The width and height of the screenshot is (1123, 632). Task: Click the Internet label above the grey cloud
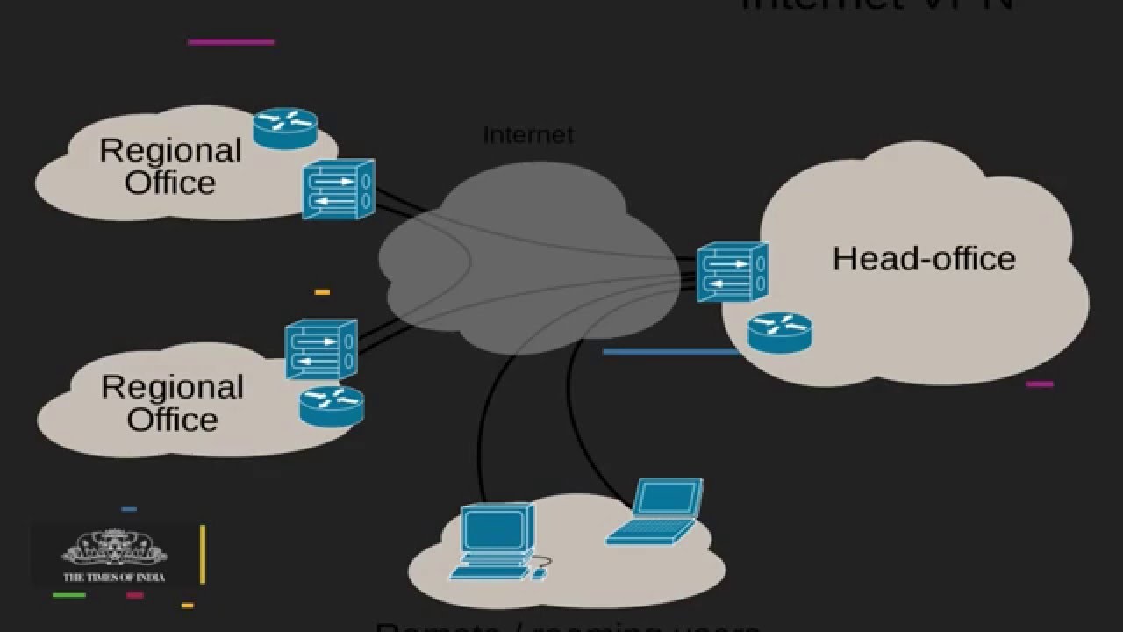pos(527,135)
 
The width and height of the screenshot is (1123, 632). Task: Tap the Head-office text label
pos(924,259)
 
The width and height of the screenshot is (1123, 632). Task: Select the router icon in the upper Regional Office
pos(285,127)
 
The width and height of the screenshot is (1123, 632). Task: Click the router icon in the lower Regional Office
pos(332,406)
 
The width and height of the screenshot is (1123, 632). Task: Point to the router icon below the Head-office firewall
pos(780,333)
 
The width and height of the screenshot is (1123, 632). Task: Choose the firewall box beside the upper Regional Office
pos(339,189)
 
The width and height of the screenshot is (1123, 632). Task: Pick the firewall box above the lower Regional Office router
pos(321,348)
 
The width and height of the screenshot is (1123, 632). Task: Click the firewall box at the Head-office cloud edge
pos(733,272)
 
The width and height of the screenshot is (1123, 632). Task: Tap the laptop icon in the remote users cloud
pos(655,511)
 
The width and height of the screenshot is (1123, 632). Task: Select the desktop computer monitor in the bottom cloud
pos(497,530)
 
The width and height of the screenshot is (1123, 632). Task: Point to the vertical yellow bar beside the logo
pos(203,554)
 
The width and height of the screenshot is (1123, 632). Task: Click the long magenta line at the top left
pos(231,41)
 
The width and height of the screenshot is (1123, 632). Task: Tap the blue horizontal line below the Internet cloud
pos(670,352)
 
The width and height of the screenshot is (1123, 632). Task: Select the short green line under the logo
pos(69,595)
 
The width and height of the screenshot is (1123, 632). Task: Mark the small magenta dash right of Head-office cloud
pos(1040,384)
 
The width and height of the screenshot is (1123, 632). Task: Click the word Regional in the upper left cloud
pos(170,151)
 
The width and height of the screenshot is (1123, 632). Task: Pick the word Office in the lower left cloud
pos(172,419)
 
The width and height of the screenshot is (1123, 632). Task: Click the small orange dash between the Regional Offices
pos(322,291)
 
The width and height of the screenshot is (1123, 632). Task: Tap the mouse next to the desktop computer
pos(539,573)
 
